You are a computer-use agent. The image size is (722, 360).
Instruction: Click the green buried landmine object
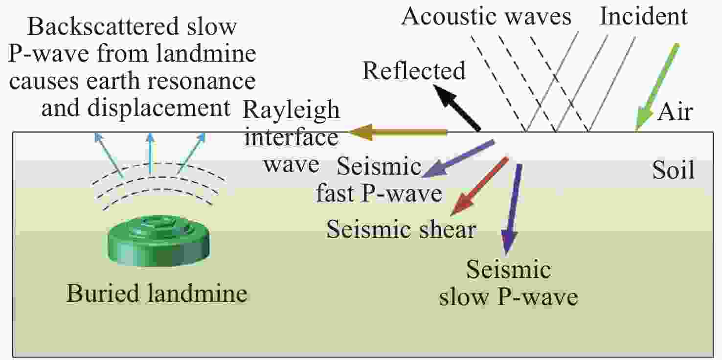158,241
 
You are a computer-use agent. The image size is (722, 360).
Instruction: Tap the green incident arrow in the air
657,88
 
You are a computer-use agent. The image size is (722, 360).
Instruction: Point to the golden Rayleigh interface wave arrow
397,132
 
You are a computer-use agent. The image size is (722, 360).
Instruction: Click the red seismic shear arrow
479,186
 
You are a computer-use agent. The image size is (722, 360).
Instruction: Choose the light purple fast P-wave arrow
458,158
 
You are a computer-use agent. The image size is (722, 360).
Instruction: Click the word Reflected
414,70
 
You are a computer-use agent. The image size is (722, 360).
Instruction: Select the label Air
675,112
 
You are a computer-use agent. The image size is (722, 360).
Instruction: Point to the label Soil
674,170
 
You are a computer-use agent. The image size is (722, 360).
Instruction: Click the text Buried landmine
157,293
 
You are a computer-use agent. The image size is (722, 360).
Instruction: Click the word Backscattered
104,26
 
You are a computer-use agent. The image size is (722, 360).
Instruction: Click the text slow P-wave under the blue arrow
509,296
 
